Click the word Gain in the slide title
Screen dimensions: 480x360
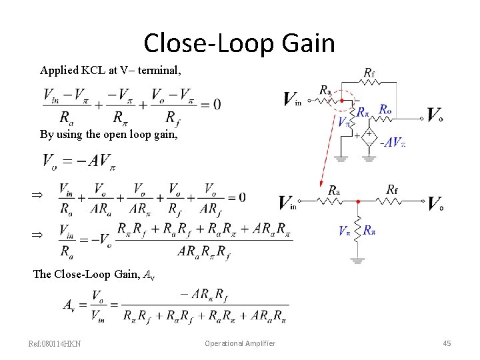point(307,43)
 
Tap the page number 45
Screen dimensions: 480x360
point(447,343)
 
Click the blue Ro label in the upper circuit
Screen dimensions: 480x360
point(385,109)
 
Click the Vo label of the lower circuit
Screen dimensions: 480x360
point(436,203)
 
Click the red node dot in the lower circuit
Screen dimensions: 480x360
point(358,201)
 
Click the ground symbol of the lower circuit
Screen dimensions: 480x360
point(358,261)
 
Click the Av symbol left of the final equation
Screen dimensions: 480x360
point(69,305)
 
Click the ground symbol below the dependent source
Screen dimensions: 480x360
point(369,159)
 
